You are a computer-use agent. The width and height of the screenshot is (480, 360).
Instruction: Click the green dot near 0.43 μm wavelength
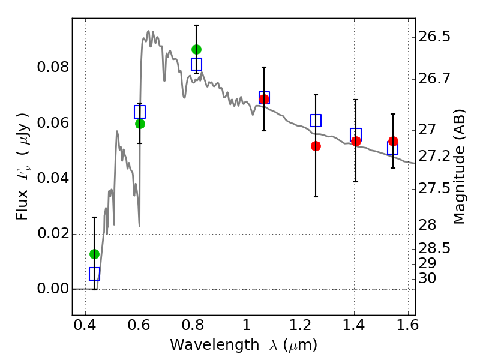[94, 254]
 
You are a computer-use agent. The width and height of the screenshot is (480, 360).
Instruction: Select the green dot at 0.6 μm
[140, 124]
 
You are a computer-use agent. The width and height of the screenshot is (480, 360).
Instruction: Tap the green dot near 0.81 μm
[197, 49]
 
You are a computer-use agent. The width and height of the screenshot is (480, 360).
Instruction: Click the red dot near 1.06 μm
[264, 99]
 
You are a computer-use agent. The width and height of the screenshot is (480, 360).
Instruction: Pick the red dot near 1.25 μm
[316, 146]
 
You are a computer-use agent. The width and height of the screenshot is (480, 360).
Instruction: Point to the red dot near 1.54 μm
[393, 141]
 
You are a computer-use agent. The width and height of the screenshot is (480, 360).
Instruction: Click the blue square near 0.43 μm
[94, 274]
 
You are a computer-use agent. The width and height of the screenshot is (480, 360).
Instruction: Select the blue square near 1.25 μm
[316, 121]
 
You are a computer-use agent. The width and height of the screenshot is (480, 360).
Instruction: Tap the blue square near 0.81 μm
[197, 64]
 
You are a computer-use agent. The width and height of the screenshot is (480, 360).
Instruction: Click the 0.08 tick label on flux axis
[53, 67]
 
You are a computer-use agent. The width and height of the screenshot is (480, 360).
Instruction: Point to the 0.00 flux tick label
[53, 289]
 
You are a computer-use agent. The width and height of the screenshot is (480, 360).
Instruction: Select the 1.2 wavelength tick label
[301, 325]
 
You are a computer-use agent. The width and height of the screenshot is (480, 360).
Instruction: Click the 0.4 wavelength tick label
[85, 325]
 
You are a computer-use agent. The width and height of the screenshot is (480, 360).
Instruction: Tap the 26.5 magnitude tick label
[434, 37]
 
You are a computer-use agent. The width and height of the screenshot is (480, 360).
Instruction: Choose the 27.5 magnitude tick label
[434, 188]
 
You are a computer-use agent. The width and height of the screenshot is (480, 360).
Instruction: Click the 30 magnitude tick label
[427, 278]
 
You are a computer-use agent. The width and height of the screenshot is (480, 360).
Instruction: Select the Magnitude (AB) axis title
[458, 167]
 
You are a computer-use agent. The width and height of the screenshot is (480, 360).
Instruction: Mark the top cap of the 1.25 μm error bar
[316, 95]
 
